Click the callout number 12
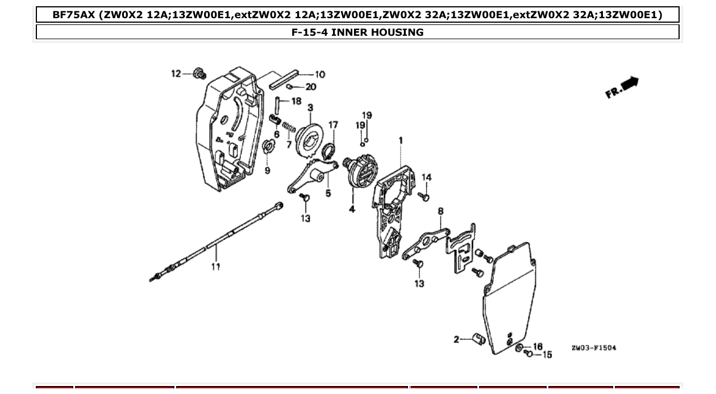pos(176,73)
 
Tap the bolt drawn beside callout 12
pos(199,73)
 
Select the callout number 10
pos(320,74)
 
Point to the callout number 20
pos(311,87)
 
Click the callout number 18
pos(296,101)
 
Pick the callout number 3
pos(311,107)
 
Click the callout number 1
pos(401,140)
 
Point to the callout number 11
pos(215,266)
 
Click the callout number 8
pos(440,211)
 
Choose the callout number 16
pos(538,346)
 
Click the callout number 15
pos(547,355)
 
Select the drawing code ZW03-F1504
pos(593,347)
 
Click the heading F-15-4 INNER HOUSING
pos(357,32)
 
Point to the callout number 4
pos(352,209)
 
